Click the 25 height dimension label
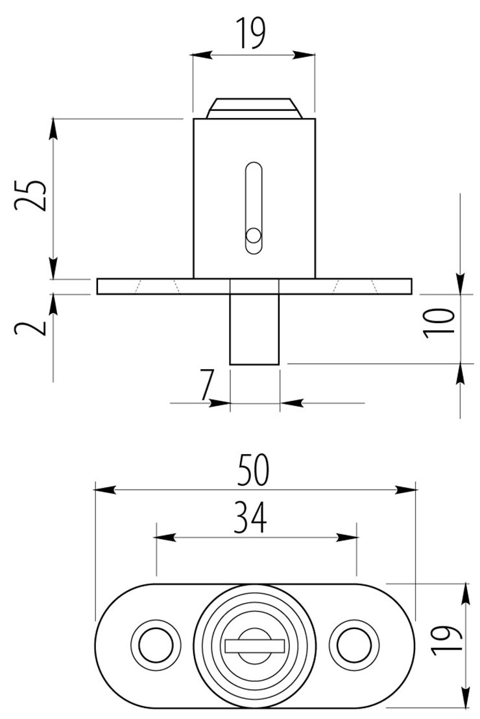30,196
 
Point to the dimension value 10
438,323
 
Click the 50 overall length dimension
254,470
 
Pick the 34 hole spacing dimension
250,517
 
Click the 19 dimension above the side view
251,32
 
